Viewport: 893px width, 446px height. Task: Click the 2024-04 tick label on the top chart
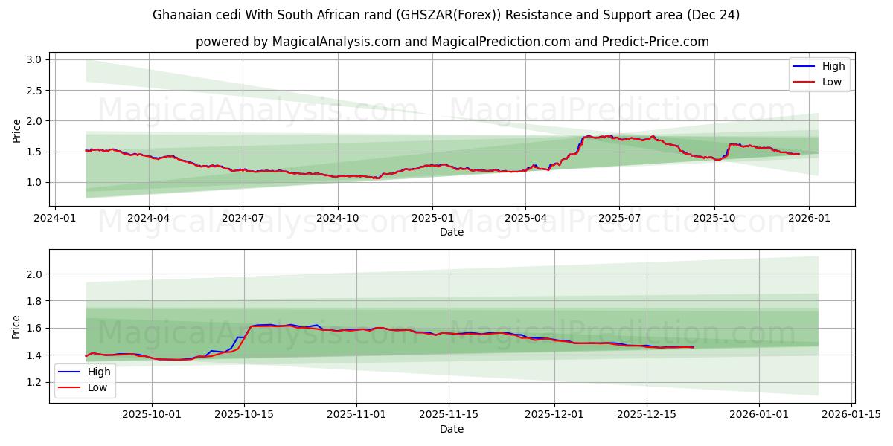coord(148,218)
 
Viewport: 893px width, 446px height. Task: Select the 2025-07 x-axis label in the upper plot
coord(620,218)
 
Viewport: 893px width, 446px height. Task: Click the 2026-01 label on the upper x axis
coord(809,218)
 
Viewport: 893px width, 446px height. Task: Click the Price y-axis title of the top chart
coord(17,130)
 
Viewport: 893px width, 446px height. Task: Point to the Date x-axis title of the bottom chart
coord(452,429)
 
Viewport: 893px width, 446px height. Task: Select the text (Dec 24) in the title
coord(714,15)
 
